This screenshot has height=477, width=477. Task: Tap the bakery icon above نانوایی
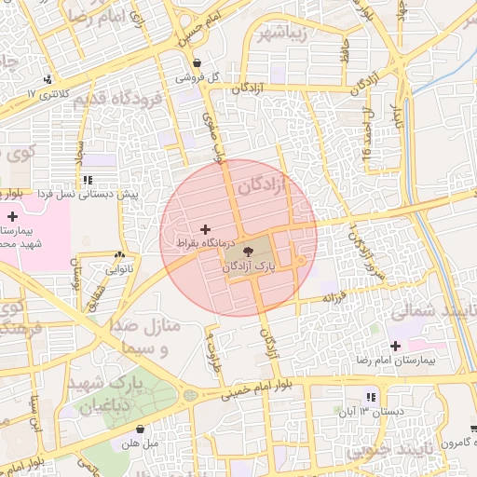(119, 254)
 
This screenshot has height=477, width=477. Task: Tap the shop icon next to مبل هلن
(139, 429)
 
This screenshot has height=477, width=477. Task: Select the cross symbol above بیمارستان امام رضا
(395, 346)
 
